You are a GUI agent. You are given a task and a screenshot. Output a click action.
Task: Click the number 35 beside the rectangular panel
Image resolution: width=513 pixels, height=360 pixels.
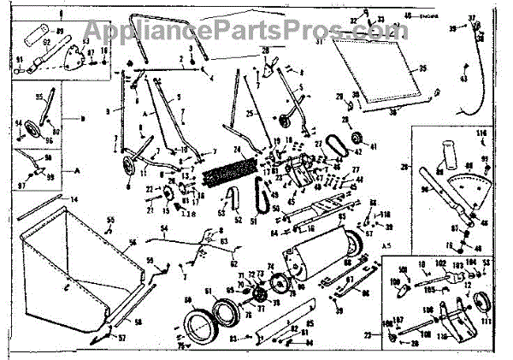422,68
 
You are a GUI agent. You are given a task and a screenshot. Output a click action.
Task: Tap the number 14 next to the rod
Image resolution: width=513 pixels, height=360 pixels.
74,199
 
